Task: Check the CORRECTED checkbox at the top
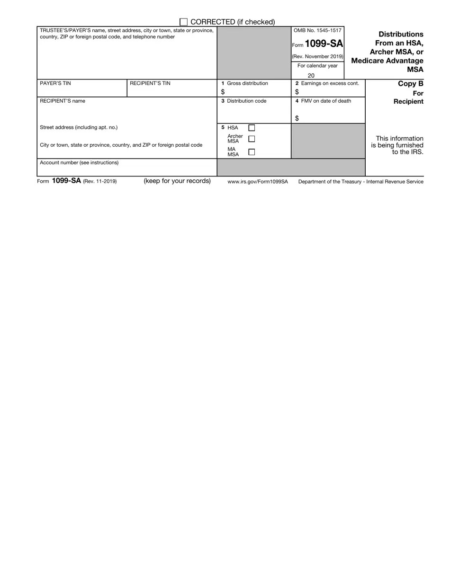coord(184,22)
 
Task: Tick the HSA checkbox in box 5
coord(252,128)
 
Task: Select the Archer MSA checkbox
coord(252,138)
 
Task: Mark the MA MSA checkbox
coord(252,152)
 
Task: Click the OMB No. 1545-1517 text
coord(317,30)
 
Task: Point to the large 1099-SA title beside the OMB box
coord(324,44)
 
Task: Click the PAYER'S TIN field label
coord(55,83)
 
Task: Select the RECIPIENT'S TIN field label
coord(150,83)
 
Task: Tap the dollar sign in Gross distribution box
coord(223,92)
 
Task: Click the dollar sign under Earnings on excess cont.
coord(297,92)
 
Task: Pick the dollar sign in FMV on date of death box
coord(297,118)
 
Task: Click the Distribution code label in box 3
coord(246,101)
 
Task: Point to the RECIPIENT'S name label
coord(63,101)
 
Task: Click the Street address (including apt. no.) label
coord(79,127)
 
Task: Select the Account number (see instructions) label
coord(79,163)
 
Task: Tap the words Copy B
coord(410,84)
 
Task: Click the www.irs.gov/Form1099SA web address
coord(258,182)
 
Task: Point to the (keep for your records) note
coord(177,181)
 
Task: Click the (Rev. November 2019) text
coord(317,56)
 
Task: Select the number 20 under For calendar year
coord(311,76)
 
